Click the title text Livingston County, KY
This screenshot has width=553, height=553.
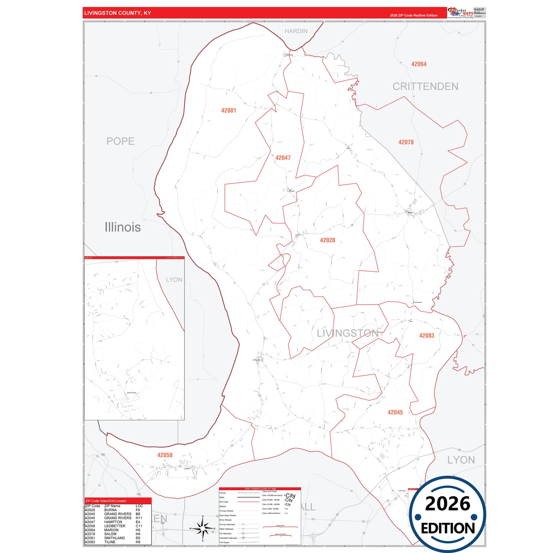pos(117,13)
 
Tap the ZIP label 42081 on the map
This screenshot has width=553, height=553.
pos(228,111)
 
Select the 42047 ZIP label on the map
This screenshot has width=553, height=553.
pos(283,158)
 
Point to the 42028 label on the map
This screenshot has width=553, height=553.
pos(327,240)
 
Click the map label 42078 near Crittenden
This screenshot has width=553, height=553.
pos(406,142)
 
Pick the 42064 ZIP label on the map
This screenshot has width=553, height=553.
pos(419,64)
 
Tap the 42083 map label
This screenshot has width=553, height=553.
pos(426,336)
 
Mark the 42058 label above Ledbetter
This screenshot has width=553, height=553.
pos(165,455)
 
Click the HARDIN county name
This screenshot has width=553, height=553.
pos(296,31)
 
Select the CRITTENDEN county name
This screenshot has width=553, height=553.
pos(425,86)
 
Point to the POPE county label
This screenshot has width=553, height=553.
pos(121,141)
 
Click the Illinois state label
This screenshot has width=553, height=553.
pos(122,227)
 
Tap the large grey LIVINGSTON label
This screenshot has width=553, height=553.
pos(347,333)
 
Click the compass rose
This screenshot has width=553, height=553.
pos(203,529)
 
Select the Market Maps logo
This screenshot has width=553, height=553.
pos(460,13)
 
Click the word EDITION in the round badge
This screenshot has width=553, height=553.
pos(448,529)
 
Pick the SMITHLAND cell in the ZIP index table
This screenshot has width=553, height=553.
pos(114,538)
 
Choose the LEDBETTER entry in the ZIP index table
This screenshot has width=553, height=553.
pos(114,526)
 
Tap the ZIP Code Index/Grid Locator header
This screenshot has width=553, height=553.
pos(106,501)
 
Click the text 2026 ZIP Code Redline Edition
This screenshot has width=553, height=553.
pos(413,16)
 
